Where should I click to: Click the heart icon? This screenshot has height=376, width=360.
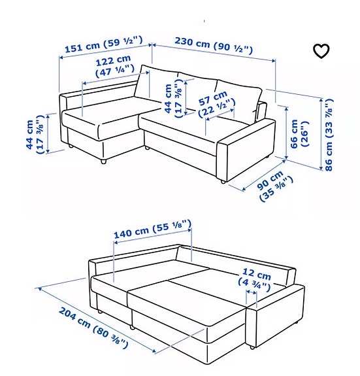coord(321,51)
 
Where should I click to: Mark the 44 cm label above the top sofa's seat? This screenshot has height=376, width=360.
coord(171,99)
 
